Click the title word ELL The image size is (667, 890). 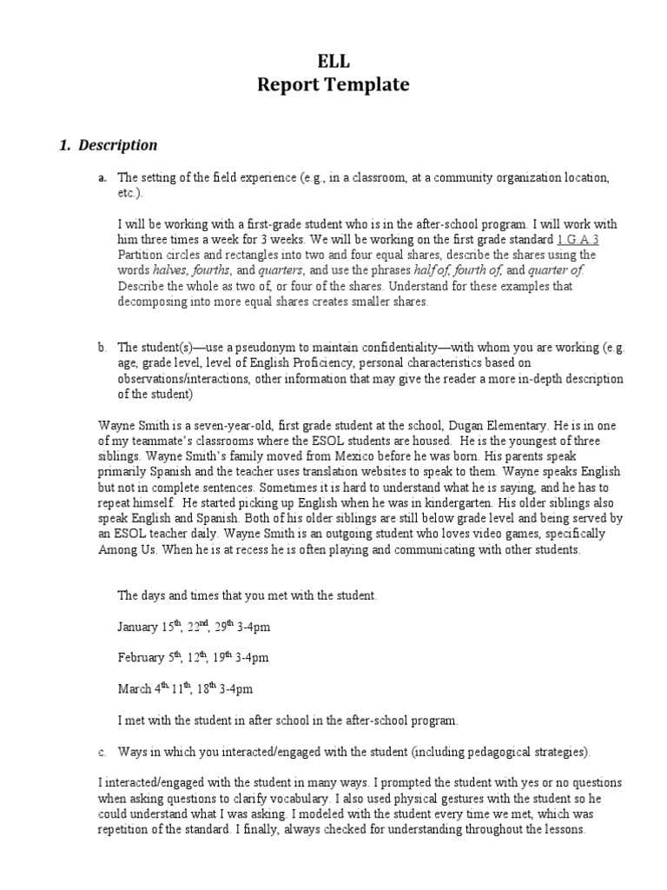click(333, 60)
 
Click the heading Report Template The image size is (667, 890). click(333, 85)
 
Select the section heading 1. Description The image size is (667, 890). click(108, 145)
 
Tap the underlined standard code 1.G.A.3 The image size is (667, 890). click(578, 239)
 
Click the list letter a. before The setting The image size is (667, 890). click(102, 177)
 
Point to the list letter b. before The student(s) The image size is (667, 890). click(102, 348)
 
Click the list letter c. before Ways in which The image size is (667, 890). click(102, 751)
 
